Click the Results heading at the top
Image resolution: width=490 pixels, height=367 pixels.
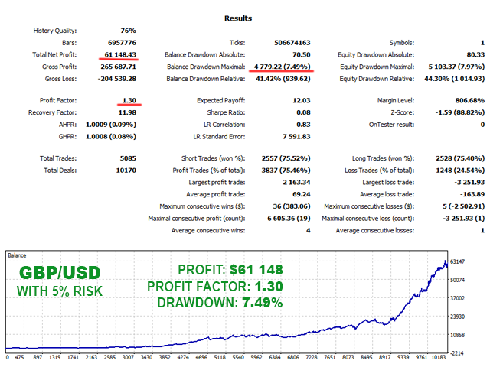coord(244,17)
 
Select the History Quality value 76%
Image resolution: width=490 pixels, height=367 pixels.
coord(127,31)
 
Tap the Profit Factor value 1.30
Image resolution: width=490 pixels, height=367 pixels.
coord(129,100)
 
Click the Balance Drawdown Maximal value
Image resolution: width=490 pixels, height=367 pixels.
coord(279,67)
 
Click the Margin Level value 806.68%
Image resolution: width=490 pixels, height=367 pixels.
coord(465,100)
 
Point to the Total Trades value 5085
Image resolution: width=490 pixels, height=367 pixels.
coord(128,158)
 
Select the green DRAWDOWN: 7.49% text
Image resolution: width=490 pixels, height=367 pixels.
coord(220,303)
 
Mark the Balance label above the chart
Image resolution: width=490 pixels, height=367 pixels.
coord(17,255)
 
